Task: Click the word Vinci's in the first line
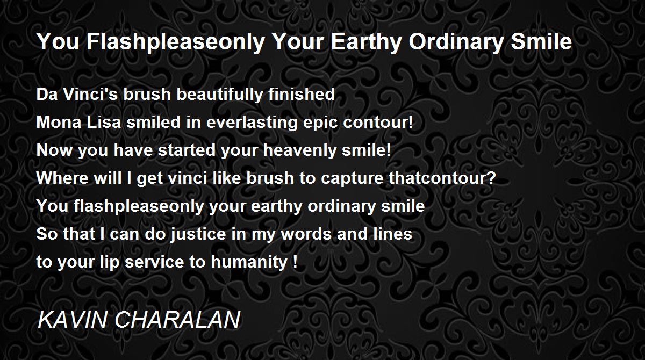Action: [90, 94]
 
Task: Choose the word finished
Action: [302, 94]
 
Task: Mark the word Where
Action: [62, 178]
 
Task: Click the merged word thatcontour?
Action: [442, 178]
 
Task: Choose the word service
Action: [154, 262]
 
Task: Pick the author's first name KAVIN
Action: [72, 319]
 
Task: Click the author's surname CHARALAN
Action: [177, 319]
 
